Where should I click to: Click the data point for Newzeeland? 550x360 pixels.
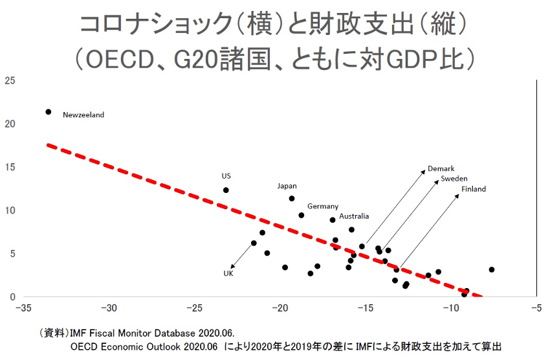pyautogui.click(x=48, y=112)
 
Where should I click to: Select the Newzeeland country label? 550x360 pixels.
pyautogui.click(x=83, y=115)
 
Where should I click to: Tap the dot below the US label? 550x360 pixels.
pyautogui.click(x=226, y=190)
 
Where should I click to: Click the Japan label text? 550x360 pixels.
pyautogui.click(x=287, y=186)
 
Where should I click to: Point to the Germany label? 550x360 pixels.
pyautogui.click(x=322, y=207)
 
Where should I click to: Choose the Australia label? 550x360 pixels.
pyautogui.click(x=354, y=216)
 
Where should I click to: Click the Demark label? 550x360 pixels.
pyautogui.click(x=441, y=169)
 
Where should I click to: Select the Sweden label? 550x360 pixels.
pyautogui.click(x=454, y=179)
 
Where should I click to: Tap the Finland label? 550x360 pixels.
pyautogui.click(x=473, y=189)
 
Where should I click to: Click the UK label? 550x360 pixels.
pyautogui.click(x=228, y=273)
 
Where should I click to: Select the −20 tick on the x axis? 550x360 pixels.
pyautogui.click(x=280, y=308)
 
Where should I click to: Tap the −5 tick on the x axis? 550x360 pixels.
pyautogui.click(x=535, y=308)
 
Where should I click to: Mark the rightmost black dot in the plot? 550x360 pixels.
pyautogui.click(x=492, y=269)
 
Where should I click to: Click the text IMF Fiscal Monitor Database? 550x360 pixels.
pyautogui.click(x=139, y=333)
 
